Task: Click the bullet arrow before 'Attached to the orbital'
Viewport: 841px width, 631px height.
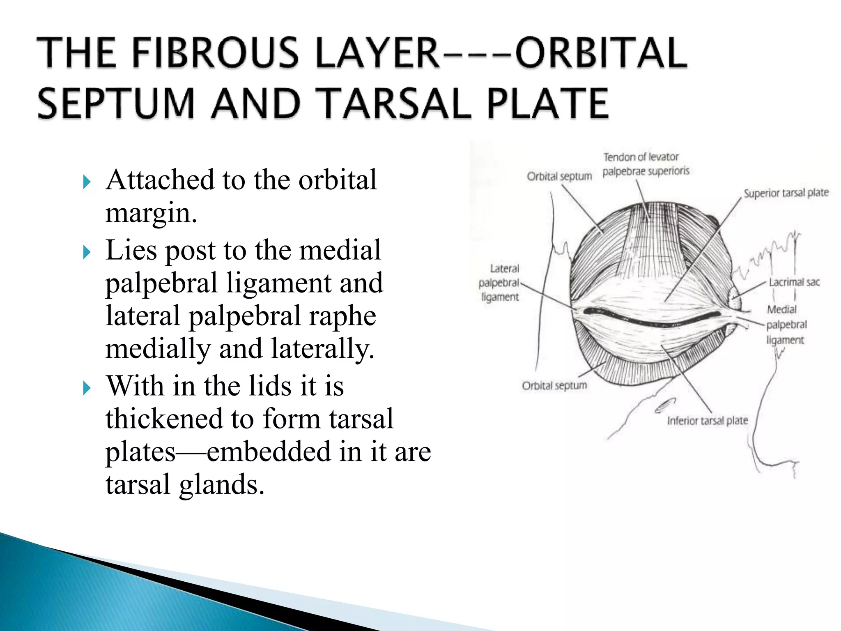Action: click(x=87, y=181)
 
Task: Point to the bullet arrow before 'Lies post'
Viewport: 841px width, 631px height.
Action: click(x=87, y=251)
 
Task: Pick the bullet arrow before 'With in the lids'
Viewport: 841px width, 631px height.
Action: click(x=87, y=387)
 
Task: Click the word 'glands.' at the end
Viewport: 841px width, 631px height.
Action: click(x=222, y=484)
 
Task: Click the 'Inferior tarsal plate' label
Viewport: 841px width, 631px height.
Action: click(x=707, y=421)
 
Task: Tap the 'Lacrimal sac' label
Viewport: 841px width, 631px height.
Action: click(x=794, y=282)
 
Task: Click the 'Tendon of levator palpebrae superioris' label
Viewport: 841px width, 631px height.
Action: click(x=646, y=164)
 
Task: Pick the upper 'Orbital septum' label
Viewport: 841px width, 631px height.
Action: click(x=559, y=176)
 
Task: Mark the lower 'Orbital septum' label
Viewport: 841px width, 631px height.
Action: click(x=554, y=386)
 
